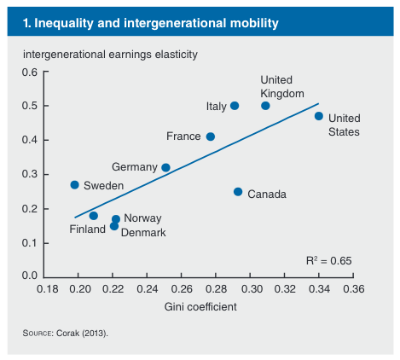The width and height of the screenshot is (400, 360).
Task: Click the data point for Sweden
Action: click(x=74, y=185)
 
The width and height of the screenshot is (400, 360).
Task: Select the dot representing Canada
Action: click(x=238, y=192)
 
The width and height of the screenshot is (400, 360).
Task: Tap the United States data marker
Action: click(x=319, y=116)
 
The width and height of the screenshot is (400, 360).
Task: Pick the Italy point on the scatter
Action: click(x=235, y=106)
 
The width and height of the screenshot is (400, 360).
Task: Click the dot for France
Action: click(x=211, y=136)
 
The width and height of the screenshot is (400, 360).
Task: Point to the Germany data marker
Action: click(x=165, y=167)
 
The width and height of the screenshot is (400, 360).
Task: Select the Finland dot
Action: click(x=94, y=216)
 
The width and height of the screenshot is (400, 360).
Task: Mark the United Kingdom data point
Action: click(x=265, y=106)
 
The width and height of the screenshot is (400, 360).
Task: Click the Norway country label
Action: click(x=142, y=218)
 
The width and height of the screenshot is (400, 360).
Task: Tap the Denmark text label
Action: click(x=143, y=233)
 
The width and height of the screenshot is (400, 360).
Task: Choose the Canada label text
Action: click(x=267, y=195)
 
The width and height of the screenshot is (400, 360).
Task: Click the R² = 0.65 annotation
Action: click(x=329, y=260)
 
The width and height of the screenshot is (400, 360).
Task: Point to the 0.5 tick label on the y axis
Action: click(x=30, y=106)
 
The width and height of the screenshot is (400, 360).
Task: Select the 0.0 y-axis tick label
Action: click(x=30, y=276)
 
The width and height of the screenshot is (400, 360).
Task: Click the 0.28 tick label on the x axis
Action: click(x=216, y=289)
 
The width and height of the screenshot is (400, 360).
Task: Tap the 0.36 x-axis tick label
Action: click(x=354, y=289)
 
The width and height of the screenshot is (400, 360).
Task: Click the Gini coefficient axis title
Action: click(x=200, y=307)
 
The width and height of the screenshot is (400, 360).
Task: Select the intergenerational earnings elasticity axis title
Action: click(x=110, y=55)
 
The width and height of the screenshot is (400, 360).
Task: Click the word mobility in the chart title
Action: click(x=254, y=23)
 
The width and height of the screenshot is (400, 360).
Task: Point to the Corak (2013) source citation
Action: click(x=82, y=333)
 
